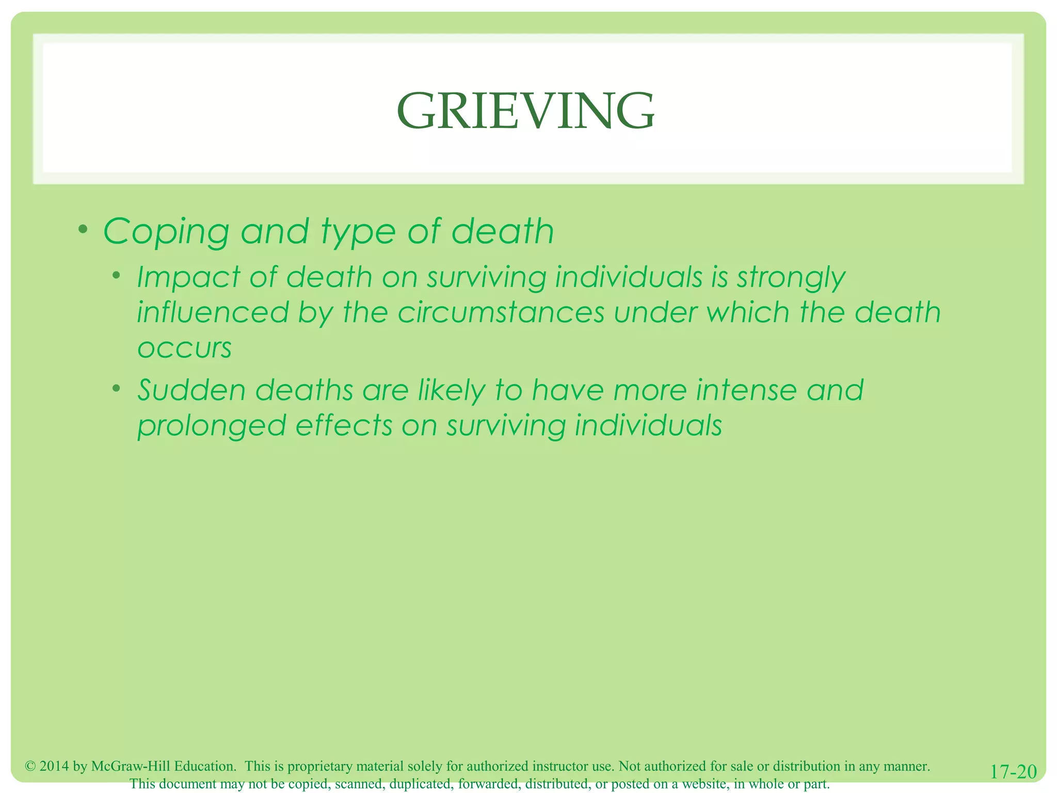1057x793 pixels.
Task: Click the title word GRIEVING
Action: tap(525, 111)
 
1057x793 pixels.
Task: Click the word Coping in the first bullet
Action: tap(166, 232)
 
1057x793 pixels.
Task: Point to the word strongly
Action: tap(791, 278)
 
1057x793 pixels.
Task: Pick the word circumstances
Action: tap(501, 313)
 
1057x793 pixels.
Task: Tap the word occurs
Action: tap(184, 348)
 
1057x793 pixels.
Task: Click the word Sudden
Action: tap(191, 390)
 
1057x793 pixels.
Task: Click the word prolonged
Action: tap(212, 426)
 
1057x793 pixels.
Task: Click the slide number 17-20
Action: tap(1013, 772)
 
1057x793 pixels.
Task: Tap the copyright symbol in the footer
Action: tap(30, 766)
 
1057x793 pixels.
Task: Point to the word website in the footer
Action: tap(704, 784)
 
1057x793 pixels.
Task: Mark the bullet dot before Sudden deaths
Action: tap(117, 388)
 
